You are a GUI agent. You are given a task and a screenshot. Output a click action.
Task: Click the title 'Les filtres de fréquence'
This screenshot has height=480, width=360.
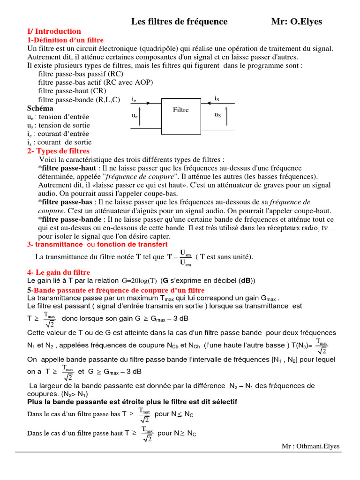[x=179, y=22]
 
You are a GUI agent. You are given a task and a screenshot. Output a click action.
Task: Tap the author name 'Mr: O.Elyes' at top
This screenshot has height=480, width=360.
[x=297, y=22]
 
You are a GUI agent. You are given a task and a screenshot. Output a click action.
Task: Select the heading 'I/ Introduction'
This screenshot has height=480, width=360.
[x=54, y=31]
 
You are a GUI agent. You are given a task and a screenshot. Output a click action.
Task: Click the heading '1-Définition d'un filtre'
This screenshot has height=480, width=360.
[x=65, y=40]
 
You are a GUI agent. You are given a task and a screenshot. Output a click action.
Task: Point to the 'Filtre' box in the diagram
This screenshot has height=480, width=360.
[x=181, y=110]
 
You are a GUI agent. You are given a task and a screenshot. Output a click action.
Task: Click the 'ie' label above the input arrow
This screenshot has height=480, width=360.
[x=135, y=100]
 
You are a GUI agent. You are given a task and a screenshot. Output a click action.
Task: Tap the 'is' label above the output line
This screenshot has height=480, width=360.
[x=217, y=98]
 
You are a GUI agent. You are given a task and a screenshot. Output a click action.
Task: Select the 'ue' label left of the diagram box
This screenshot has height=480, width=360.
[x=135, y=115]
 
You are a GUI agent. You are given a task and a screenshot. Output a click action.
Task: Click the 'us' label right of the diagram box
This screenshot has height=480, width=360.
[x=217, y=115]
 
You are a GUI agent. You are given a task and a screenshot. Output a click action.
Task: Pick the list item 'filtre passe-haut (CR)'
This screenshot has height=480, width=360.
[x=72, y=91]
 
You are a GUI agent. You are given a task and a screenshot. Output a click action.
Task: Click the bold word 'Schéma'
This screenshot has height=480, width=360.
[x=40, y=108]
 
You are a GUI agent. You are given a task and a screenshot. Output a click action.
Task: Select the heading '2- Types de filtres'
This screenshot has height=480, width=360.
[x=58, y=151]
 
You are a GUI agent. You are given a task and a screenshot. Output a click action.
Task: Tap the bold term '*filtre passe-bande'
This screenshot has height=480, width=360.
[x=70, y=219]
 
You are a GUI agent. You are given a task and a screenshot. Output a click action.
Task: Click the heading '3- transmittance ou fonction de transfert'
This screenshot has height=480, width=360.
[x=97, y=245]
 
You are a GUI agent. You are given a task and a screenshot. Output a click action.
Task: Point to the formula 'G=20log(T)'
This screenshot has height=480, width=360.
[x=139, y=281]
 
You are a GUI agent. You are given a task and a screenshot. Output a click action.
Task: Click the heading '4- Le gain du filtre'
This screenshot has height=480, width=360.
[x=59, y=272]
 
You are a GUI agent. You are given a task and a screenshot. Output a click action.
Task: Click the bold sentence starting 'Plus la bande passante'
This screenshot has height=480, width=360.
[x=132, y=402]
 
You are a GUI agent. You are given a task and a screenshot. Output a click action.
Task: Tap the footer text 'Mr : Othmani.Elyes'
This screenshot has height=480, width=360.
[x=310, y=446]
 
